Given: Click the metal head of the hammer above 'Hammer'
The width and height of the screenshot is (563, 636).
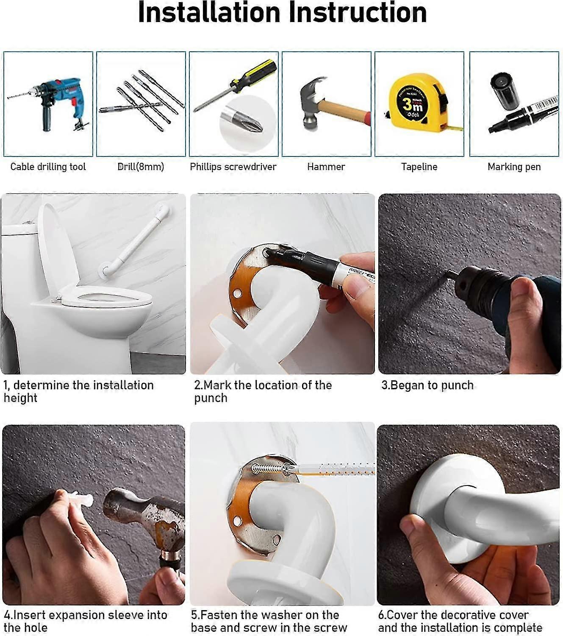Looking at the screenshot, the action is (x=311, y=102).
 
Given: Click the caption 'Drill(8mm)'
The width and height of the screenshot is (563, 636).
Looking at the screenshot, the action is (x=141, y=167).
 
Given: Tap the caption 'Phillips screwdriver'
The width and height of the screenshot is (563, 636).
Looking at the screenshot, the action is (x=233, y=167).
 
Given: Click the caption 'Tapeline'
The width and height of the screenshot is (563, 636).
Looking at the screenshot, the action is (x=419, y=167).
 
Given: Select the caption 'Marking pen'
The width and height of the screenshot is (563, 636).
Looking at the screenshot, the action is (x=514, y=167).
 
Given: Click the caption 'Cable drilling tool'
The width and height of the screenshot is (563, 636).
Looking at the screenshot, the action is (x=48, y=167).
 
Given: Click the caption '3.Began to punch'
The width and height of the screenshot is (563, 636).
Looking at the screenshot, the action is (x=427, y=385).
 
